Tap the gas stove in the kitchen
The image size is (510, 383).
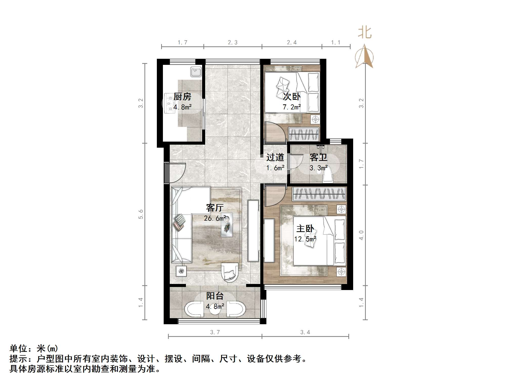click(x=169, y=103)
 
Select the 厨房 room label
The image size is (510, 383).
click(x=182, y=97)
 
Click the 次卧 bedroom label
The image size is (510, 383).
click(x=292, y=97)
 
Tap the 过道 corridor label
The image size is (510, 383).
click(x=275, y=158)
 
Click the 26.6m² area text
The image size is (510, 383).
click(x=215, y=218)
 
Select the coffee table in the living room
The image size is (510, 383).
click(x=227, y=225)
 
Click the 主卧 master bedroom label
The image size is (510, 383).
click(x=305, y=229)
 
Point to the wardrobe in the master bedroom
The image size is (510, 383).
click(x=320, y=194)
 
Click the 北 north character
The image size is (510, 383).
click(x=365, y=33)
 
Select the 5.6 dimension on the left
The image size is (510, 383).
click(x=141, y=214)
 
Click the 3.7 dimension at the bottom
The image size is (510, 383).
click(x=215, y=332)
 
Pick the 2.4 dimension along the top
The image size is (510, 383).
click(x=292, y=42)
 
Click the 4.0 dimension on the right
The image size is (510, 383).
click(x=361, y=235)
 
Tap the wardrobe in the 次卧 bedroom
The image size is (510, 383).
click(x=304, y=134)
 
